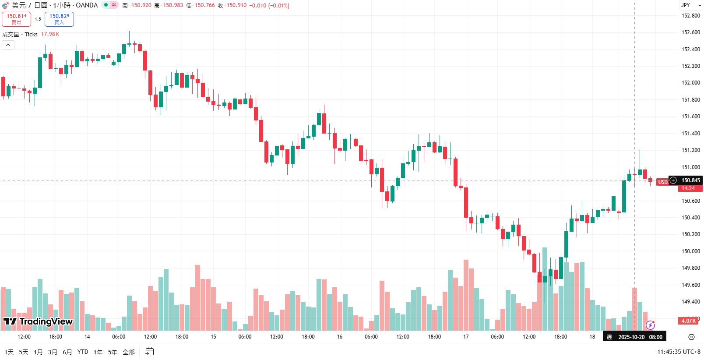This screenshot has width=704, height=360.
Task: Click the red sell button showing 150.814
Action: [16, 19]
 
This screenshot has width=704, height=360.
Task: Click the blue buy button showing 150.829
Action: [59, 19]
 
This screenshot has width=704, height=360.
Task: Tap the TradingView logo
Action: [38, 321]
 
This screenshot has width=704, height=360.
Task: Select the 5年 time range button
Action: [113, 352]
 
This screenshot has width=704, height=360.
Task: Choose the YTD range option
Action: [83, 352]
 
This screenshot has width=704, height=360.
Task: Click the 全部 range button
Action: [129, 352]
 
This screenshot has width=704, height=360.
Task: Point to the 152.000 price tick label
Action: [690, 83]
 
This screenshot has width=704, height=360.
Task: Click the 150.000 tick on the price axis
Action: [690, 251]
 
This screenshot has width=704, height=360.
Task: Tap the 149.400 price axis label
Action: [690, 302]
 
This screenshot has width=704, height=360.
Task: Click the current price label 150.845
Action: [690, 180]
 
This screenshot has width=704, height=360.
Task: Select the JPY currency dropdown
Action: [690, 5]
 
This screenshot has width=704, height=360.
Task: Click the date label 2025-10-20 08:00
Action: [634, 337]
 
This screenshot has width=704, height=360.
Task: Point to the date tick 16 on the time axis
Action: [340, 337]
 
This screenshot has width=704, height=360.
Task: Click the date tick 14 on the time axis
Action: [87, 337]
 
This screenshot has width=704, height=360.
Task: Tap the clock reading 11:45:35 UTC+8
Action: [679, 352]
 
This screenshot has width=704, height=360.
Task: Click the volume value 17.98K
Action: [50, 34]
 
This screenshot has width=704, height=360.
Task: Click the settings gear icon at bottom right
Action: [691, 337]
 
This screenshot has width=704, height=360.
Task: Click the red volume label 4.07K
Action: [688, 321]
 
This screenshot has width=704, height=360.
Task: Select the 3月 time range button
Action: [53, 352]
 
